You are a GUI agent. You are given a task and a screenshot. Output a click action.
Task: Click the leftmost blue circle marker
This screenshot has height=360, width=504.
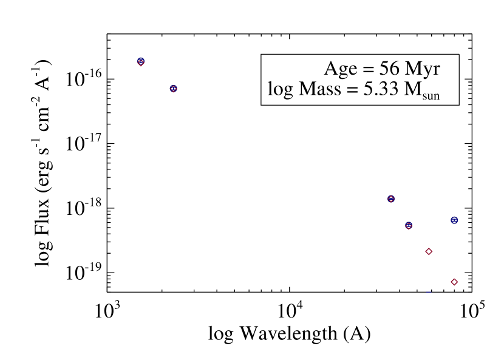[140, 61]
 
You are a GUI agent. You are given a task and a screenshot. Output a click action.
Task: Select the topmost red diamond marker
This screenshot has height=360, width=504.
[140, 63]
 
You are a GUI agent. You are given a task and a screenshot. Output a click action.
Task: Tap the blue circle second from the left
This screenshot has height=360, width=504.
[173, 89]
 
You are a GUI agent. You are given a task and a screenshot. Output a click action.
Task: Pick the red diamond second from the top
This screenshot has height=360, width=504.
[173, 89]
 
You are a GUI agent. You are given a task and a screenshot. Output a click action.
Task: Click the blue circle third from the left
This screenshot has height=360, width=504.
[390, 199]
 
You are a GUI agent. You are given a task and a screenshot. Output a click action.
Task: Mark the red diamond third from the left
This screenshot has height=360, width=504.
[390, 199]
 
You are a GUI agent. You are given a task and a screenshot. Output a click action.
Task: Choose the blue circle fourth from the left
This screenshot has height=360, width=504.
[409, 226]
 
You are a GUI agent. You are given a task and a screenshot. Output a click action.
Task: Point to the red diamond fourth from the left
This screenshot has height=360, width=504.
[409, 226]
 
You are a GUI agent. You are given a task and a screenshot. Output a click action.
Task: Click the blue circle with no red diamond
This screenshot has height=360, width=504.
[454, 220]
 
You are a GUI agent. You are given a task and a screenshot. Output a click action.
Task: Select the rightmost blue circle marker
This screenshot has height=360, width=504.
[454, 220]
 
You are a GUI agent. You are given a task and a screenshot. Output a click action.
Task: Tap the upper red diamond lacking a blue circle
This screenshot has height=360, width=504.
[429, 251]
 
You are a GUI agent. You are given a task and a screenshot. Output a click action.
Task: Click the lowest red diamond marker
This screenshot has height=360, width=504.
[454, 282]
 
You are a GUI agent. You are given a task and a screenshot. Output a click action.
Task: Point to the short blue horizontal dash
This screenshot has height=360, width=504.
[428, 292]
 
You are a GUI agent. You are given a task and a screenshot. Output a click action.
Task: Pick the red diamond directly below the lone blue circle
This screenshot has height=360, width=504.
[454, 282]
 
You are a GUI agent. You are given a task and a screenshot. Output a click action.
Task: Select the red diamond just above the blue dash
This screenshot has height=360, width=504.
[429, 251]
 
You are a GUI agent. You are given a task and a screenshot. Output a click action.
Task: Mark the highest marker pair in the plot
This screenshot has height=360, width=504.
[140, 62]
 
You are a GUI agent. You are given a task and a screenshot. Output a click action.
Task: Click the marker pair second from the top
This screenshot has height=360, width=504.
[173, 89]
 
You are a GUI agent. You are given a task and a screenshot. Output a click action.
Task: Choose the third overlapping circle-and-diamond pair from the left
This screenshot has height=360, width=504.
[390, 199]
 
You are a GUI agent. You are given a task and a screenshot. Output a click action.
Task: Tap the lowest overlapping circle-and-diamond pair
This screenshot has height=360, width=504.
[409, 226]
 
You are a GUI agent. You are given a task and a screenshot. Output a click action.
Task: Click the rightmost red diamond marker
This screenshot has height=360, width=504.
[454, 282]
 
